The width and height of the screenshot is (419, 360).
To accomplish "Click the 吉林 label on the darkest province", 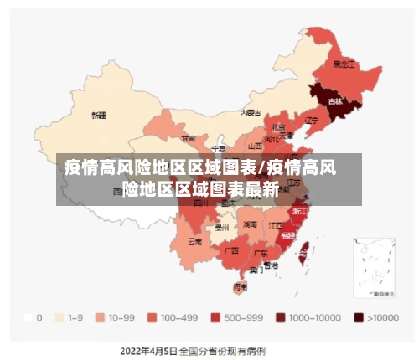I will pyautogui.click(x=335, y=101).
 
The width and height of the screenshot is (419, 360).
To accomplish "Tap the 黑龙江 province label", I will pyautogui.click(x=344, y=64).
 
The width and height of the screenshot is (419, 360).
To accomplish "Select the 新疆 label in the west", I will pyautogui.click(x=99, y=115).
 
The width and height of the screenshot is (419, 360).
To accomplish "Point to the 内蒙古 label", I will pyautogui.click(x=251, y=111).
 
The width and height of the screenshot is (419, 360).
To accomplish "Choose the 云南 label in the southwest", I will pyautogui.click(x=194, y=242).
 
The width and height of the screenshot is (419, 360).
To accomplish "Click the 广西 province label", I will pyautogui.click(x=231, y=249).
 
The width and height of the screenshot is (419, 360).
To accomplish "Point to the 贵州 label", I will pyautogui.click(x=221, y=227).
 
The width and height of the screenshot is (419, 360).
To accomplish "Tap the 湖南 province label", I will pyautogui.click(x=250, y=224).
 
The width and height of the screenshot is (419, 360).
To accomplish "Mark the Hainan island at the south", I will pyautogui.click(x=240, y=286).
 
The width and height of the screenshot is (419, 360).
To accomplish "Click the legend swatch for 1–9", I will pyautogui.click(x=59, y=317).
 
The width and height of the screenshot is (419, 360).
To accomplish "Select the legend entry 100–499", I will pyautogui.click(x=153, y=317).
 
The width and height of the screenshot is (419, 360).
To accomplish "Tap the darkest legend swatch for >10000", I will pyautogui.click(x=359, y=317).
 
